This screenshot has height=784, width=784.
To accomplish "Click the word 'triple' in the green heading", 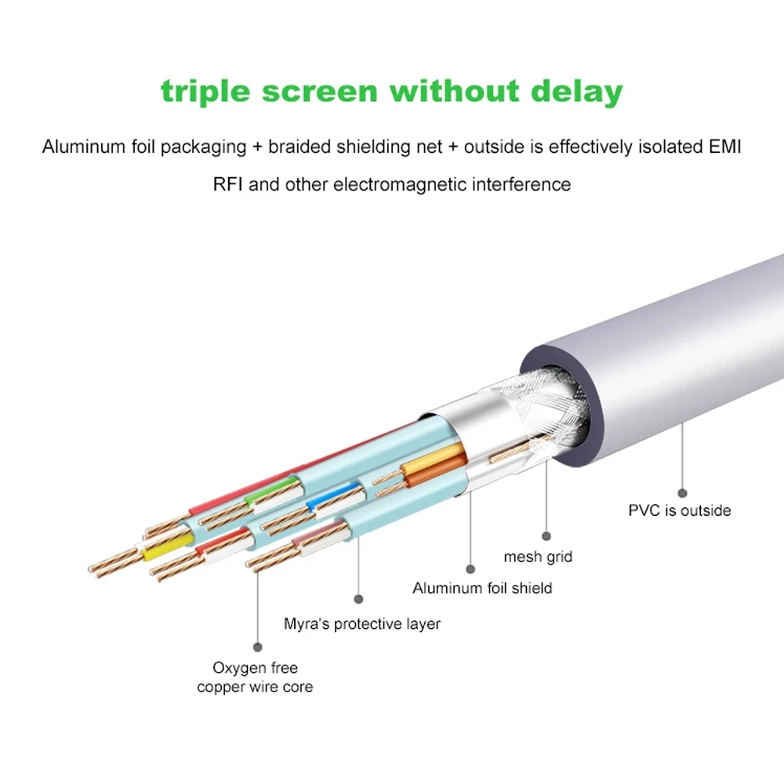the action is [205, 92].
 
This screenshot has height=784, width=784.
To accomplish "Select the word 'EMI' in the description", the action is [725, 147].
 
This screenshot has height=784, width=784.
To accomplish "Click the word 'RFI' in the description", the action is [227, 184].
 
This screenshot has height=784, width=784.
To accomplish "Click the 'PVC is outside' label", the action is [680, 510].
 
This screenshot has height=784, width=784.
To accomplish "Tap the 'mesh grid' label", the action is [538, 557].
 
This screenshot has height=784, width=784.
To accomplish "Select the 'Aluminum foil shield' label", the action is [482, 588].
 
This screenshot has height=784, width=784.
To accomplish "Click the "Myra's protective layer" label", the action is [362, 624].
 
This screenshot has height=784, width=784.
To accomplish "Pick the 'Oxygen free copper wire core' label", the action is [255, 677].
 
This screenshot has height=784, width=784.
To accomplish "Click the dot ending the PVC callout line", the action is [682, 493].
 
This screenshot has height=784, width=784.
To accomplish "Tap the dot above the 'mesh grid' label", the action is [546, 536].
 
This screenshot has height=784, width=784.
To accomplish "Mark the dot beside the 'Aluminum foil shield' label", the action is [470, 569].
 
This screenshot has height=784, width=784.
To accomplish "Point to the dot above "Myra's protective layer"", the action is [358, 599].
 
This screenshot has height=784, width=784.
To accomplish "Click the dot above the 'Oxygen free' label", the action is [257, 647].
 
